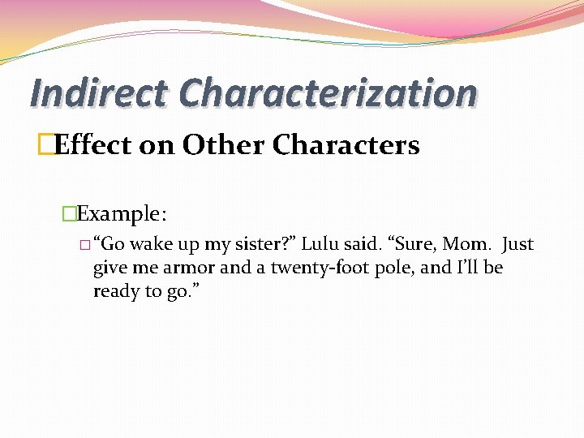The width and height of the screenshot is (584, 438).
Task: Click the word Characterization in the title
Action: coord(328,92)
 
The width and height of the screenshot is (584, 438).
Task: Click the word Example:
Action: coord(122,214)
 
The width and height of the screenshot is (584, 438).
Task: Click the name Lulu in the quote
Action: coord(320,244)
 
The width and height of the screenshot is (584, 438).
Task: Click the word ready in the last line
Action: coord(116,291)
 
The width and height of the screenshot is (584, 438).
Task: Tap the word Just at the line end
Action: coord(517,244)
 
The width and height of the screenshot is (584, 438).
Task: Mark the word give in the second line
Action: coord(109,268)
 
